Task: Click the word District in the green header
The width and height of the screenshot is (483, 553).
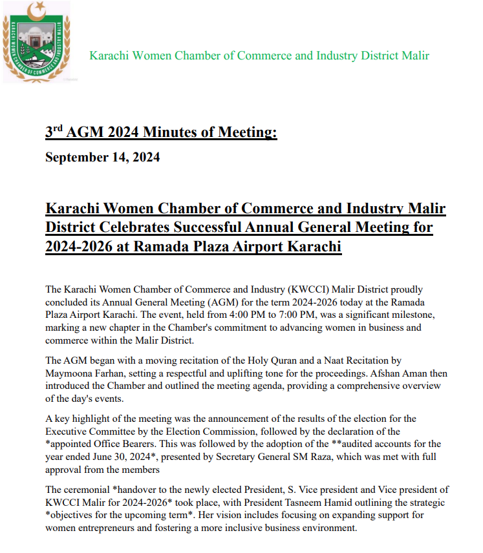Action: (361, 56)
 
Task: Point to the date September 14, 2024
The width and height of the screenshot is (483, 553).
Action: (102, 157)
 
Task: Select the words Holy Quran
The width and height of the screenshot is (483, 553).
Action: (274, 360)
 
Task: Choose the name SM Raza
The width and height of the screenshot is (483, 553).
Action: (301, 457)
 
